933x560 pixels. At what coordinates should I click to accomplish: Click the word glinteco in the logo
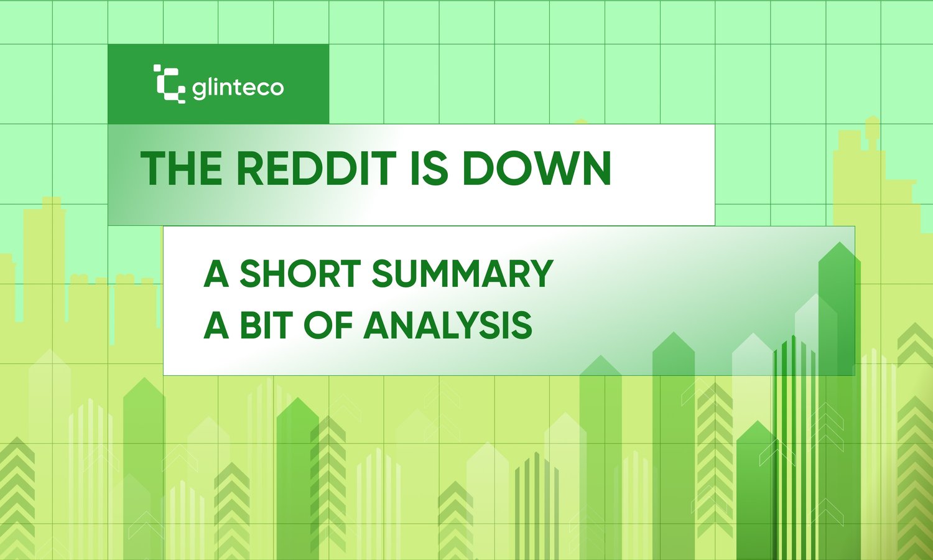point(238,88)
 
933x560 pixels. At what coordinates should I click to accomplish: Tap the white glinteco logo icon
point(169,83)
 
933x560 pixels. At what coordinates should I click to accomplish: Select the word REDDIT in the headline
point(316,169)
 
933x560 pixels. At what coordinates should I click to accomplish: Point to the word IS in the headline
point(429,169)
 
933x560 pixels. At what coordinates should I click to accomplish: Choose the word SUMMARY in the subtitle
point(462,274)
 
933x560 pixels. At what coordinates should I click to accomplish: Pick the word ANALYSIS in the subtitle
point(447,325)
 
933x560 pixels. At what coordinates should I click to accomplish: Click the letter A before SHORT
point(216,274)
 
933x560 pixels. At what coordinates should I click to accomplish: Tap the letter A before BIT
point(216,325)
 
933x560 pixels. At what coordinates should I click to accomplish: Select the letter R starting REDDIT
point(251,169)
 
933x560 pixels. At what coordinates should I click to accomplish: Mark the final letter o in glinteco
point(276,88)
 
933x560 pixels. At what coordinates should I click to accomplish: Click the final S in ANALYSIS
point(522,325)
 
